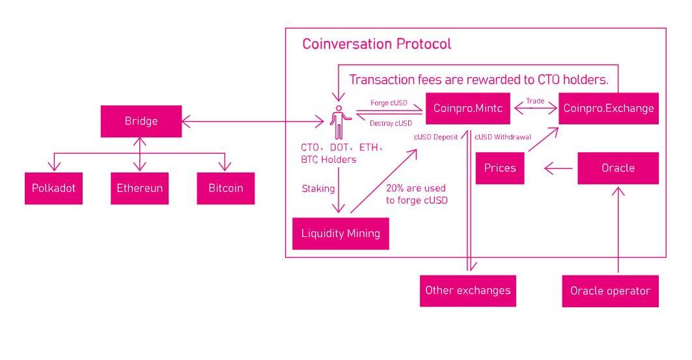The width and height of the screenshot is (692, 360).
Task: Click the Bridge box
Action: (x=141, y=122)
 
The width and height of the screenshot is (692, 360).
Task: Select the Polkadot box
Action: (x=54, y=188)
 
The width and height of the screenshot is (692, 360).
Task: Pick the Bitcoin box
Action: (x=226, y=188)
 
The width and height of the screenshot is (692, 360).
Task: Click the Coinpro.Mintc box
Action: (x=469, y=109)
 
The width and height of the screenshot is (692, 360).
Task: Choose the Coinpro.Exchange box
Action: (x=609, y=109)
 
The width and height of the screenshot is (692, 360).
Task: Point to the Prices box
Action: (x=500, y=168)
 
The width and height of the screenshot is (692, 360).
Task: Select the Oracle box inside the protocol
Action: (x=618, y=168)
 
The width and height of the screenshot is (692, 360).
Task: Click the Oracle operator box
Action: (x=610, y=291)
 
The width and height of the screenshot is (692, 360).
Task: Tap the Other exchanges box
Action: (x=467, y=290)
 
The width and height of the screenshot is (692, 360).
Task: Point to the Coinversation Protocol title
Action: (x=377, y=45)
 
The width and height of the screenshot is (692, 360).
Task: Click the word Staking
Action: (x=318, y=188)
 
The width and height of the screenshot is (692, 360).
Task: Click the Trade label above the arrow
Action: (x=535, y=101)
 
